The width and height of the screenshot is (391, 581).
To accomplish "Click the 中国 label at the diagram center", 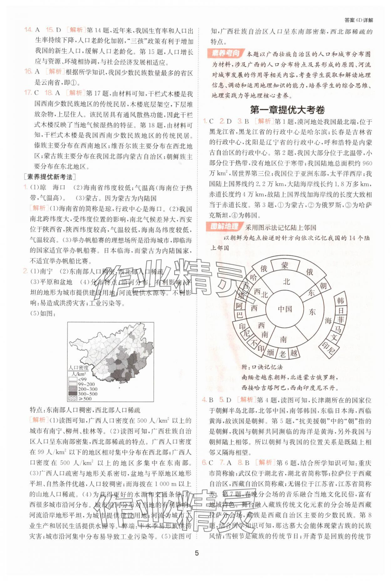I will tap(285, 309).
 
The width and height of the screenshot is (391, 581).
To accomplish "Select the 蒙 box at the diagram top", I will tap(284, 265).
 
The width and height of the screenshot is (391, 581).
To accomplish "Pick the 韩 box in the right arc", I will tap(341, 301).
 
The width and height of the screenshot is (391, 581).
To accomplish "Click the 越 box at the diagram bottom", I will tap(293, 353).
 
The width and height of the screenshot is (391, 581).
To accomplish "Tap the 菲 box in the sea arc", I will tap(340, 320).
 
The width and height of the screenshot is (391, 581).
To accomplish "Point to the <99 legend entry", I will tap(80, 379).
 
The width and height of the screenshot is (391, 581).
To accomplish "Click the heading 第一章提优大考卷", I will tap(287, 110).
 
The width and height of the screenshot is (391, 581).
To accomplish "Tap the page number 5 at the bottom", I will tap(196, 553).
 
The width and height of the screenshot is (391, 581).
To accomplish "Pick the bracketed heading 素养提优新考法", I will tap(50, 177).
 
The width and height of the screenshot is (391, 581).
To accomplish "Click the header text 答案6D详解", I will tap(358, 20).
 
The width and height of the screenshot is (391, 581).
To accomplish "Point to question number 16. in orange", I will tap(28, 71).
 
